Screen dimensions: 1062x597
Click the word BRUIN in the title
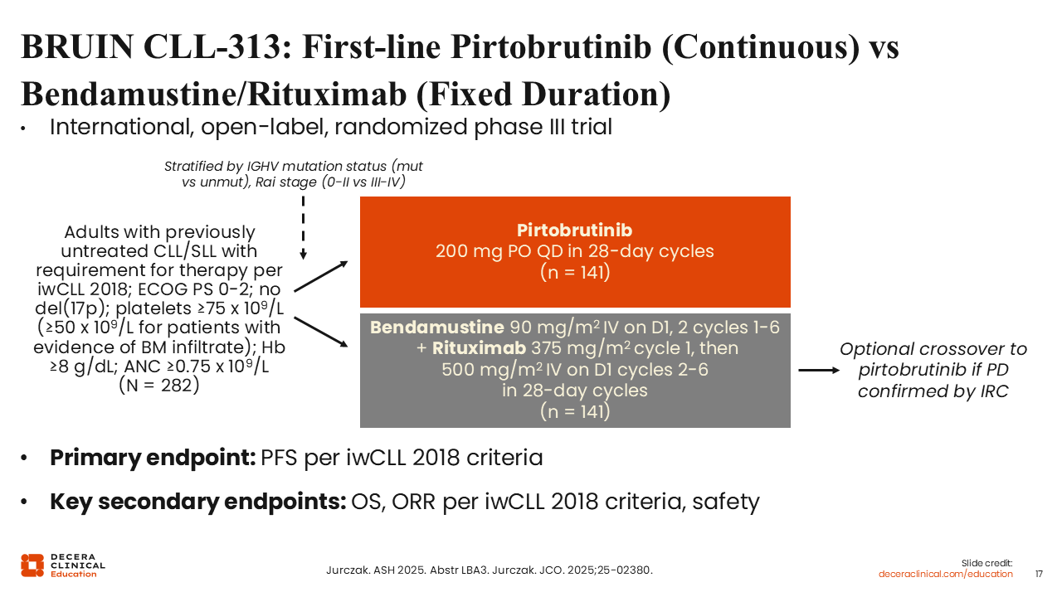pyautogui.click(x=77, y=46)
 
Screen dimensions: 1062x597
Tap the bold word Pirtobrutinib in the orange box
pyautogui.click(x=574, y=230)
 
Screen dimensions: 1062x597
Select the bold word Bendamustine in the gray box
pyautogui.click(x=436, y=327)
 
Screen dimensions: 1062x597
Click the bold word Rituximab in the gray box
pyautogui.click(x=479, y=348)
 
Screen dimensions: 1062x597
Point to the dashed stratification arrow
pyautogui.click(x=304, y=228)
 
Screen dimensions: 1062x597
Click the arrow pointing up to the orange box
pyautogui.click(x=321, y=276)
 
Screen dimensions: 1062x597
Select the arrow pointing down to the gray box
pyautogui.click(x=321, y=332)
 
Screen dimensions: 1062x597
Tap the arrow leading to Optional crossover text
pyautogui.click(x=819, y=370)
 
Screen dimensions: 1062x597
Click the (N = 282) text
pyautogui.click(x=158, y=386)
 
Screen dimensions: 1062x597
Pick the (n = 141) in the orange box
pyautogui.click(x=575, y=273)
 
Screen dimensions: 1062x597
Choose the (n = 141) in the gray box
pyautogui.click(x=575, y=411)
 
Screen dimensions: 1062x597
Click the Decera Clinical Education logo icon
pyautogui.click(x=32, y=565)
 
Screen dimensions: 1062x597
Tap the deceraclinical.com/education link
pyautogui.click(x=945, y=574)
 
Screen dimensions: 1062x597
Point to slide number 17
pyautogui.click(x=1039, y=574)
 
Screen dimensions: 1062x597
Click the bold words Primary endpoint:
pyautogui.click(x=153, y=458)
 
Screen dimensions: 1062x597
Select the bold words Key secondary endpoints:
pyautogui.click(x=197, y=502)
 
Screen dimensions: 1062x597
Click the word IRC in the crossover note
pyautogui.click(x=994, y=391)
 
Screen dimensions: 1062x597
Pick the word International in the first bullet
pyautogui.click(x=121, y=127)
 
